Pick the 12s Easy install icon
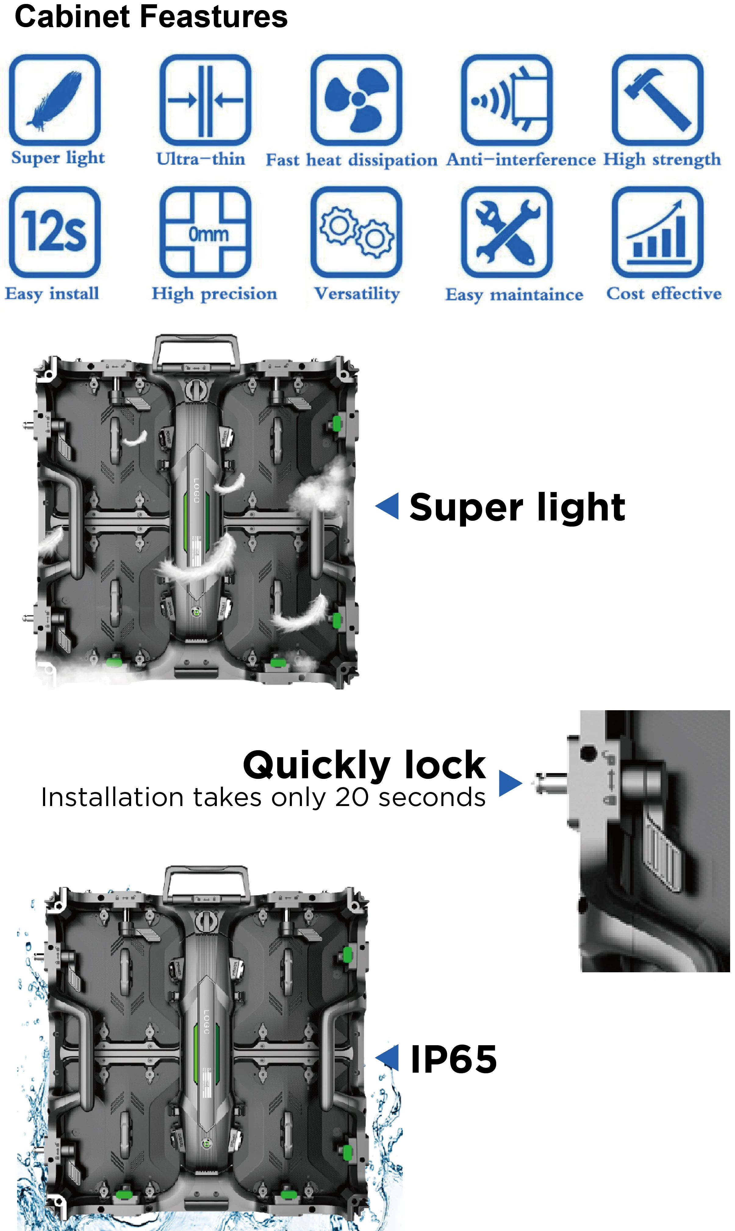coord(55,232)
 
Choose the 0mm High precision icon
coord(205,232)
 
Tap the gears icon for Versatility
coord(356,232)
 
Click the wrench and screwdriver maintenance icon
coord(507,232)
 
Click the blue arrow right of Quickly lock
coord(511,783)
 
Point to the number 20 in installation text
coord(353,797)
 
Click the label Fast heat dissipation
coord(352,160)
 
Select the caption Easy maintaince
coord(514,295)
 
